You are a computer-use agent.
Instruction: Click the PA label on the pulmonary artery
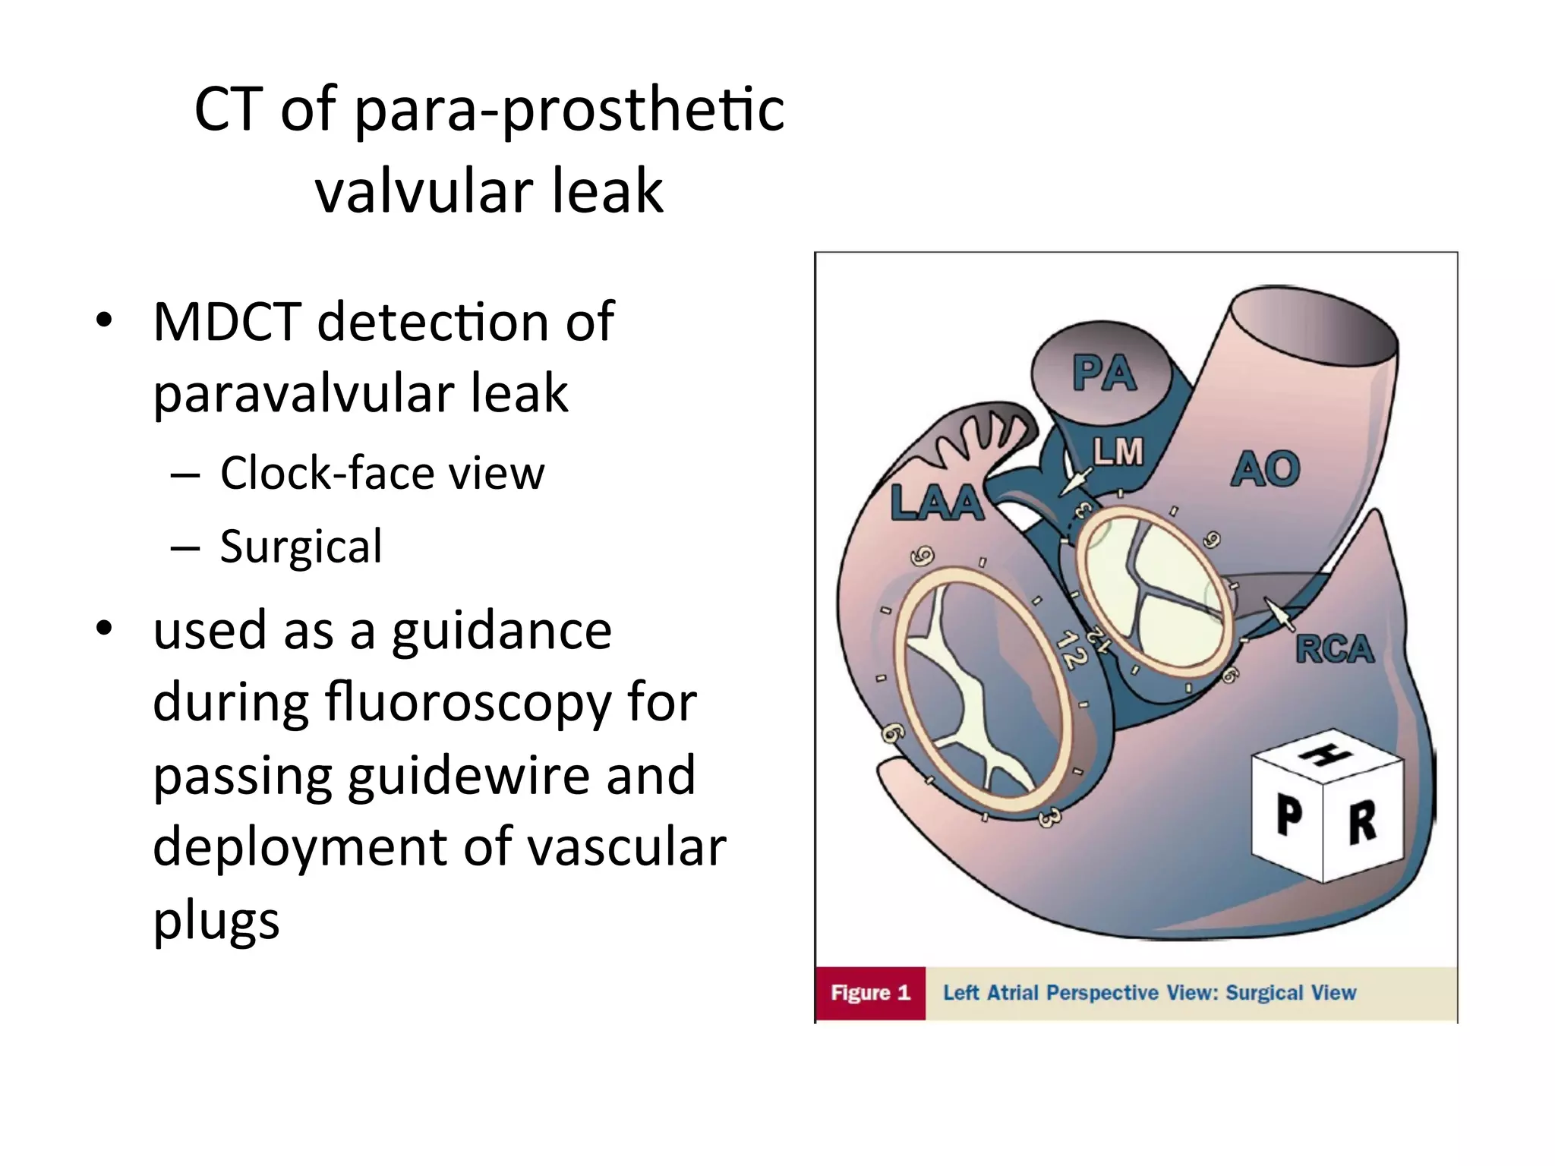pos(1105,373)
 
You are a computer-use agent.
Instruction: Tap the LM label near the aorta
pos(1118,452)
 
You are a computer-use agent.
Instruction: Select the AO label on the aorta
pos(1265,469)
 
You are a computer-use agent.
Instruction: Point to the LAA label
pos(937,503)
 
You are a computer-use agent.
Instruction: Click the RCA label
pos(1334,650)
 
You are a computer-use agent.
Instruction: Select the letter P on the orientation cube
pos(1289,815)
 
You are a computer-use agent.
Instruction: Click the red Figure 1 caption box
pos(870,993)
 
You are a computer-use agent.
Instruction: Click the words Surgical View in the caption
pos(1290,993)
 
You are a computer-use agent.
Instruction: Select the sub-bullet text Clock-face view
pos(382,474)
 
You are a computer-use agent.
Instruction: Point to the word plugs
pos(216,921)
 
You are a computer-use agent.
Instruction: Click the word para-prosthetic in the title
pos(569,110)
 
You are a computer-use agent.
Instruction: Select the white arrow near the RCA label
pos(1279,613)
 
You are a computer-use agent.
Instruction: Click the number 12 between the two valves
pos(1071,651)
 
